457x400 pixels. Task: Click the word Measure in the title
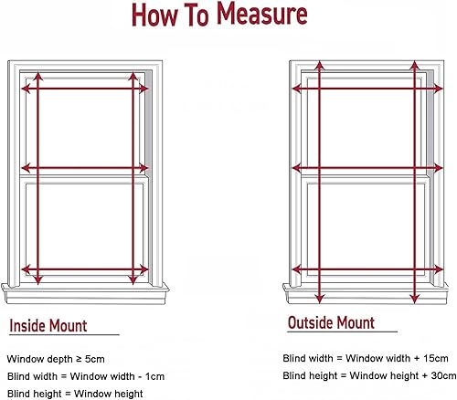click(261, 14)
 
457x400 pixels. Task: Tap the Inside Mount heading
click(48, 325)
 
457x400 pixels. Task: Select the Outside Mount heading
click(331, 322)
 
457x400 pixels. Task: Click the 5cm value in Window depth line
click(94, 359)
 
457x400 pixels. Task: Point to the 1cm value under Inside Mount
click(154, 376)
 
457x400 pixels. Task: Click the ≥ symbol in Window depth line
click(79, 359)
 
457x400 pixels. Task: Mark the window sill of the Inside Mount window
click(85, 293)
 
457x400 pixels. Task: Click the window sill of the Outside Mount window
click(366, 293)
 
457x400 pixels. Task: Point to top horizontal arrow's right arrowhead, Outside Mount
click(438, 89)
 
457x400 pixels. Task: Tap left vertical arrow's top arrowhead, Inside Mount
click(37, 77)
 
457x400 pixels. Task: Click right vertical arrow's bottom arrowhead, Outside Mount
click(414, 299)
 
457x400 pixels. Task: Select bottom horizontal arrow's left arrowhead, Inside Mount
click(26, 269)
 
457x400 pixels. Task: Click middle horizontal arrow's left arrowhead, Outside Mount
click(297, 168)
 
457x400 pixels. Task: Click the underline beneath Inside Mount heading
click(64, 335)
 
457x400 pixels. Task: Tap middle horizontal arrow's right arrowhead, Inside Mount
click(143, 168)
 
